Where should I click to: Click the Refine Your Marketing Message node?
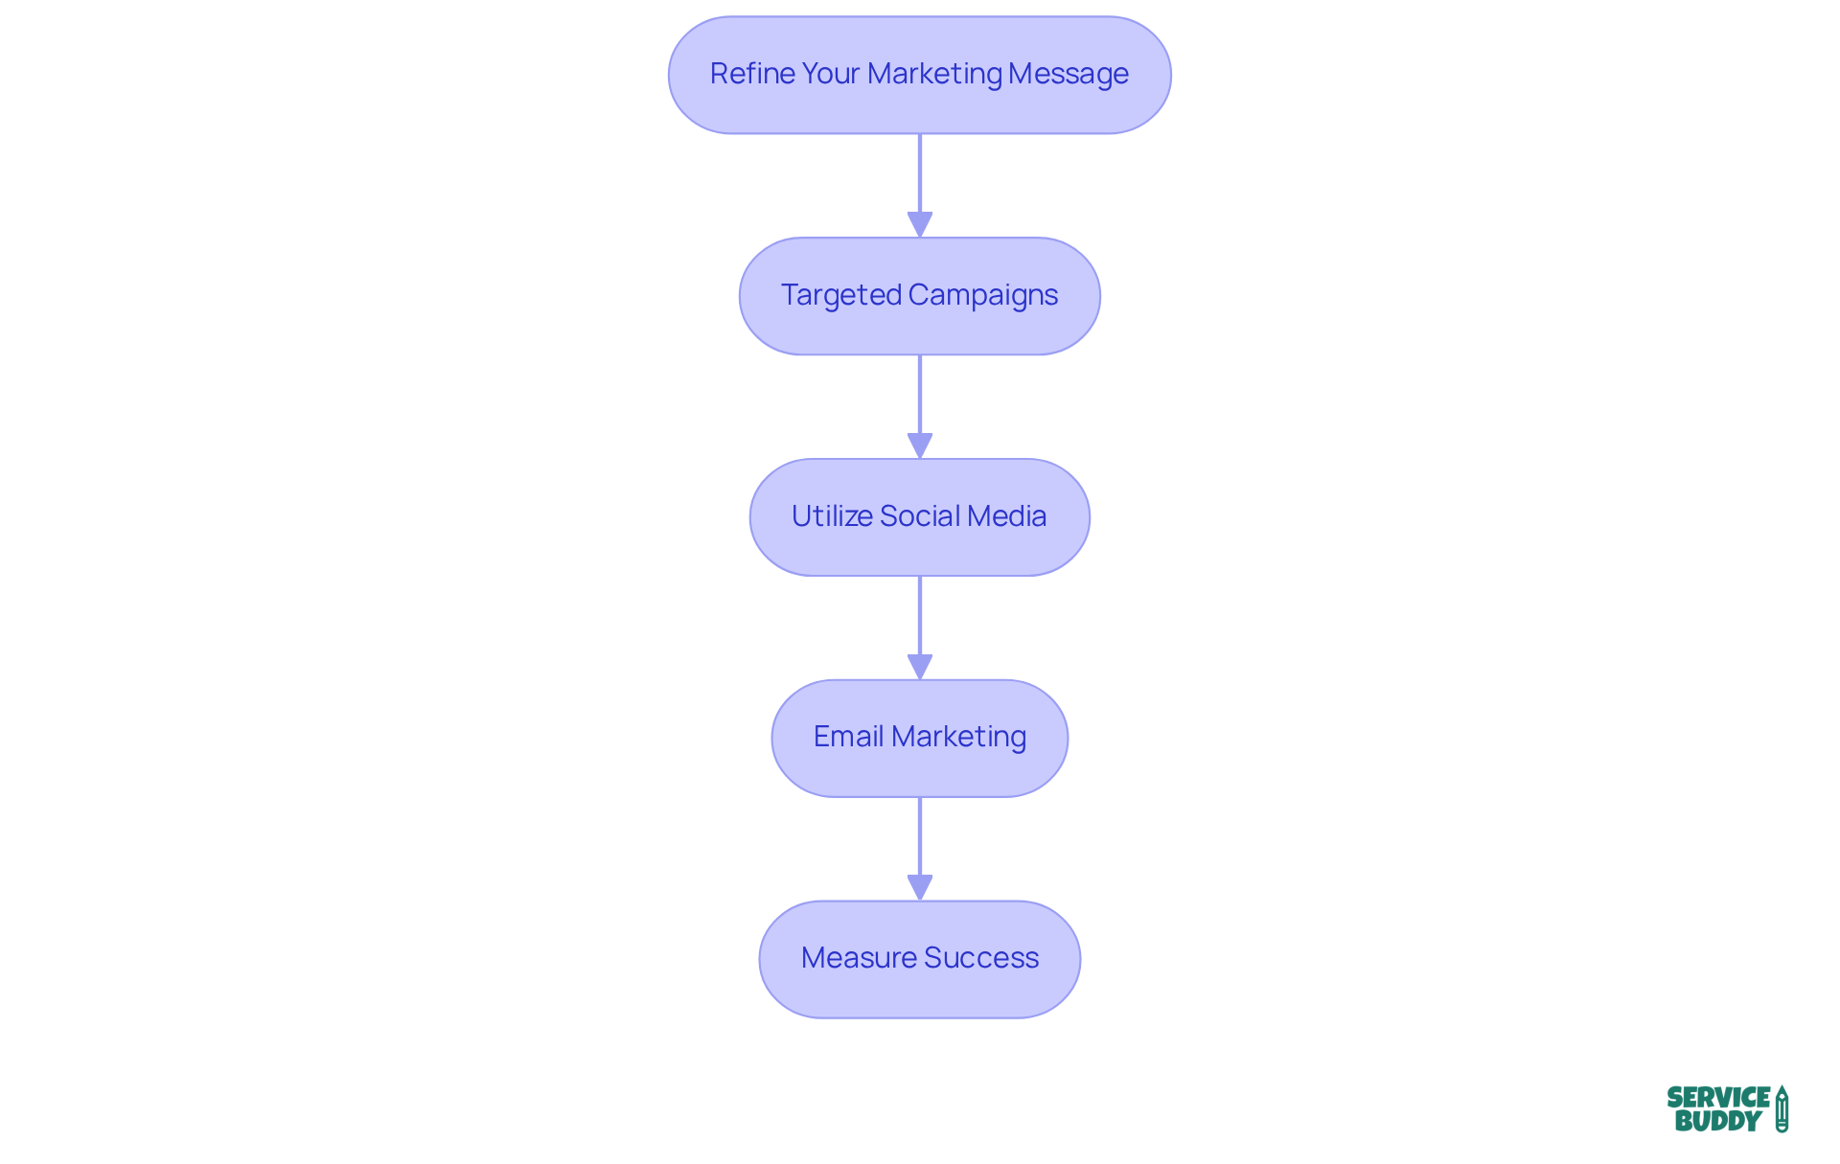[919, 75]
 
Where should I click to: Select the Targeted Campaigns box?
[919, 296]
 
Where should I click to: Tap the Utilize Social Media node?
[919, 517]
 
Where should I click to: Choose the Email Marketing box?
[919, 739]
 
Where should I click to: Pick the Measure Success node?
[919, 959]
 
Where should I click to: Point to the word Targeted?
[840, 295]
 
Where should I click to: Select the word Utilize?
[831, 516]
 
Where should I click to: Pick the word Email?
[848, 737]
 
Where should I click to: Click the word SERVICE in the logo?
[1717, 1098]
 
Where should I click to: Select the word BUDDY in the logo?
[1717, 1121]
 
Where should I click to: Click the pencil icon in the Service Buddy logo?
[1782, 1109]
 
